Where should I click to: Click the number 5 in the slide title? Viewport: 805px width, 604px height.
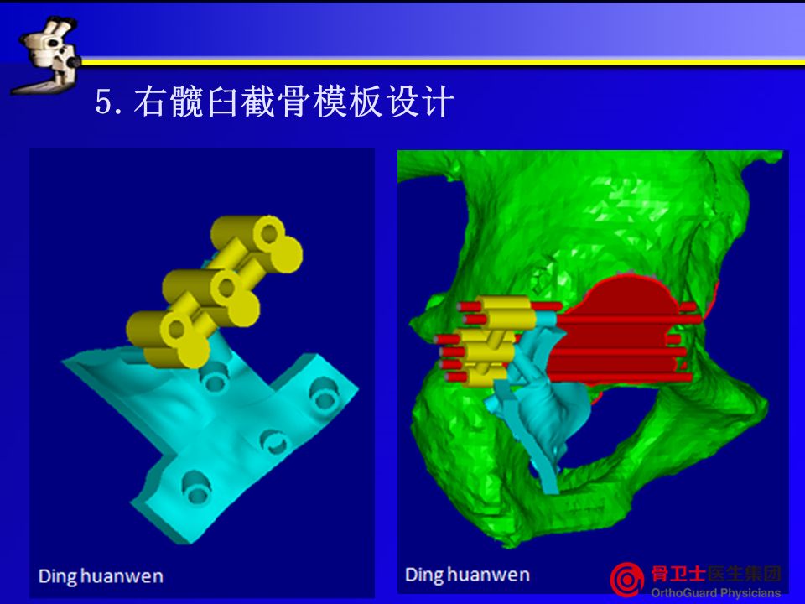[x=103, y=102]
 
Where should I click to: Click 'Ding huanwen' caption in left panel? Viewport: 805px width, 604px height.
[x=101, y=576]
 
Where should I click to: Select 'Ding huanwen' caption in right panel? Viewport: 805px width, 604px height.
[x=467, y=575]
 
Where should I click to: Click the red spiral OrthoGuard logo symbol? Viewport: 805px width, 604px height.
[x=627, y=580]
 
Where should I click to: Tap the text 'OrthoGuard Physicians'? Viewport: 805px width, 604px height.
[x=715, y=593]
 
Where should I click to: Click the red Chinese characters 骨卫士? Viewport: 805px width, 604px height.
[x=678, y=573]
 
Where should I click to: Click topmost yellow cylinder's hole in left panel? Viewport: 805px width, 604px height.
[x=269, y=234]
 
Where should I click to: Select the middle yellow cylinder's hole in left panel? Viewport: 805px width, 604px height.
[x=226, y=288]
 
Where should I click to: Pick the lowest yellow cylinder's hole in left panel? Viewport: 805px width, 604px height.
[x=177, y=329]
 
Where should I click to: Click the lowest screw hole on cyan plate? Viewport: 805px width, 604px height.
[x=196, y=487]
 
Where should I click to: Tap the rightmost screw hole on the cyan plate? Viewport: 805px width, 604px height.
[x=325, y=393]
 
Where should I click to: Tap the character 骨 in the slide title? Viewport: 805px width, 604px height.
[x=293, y=101]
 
